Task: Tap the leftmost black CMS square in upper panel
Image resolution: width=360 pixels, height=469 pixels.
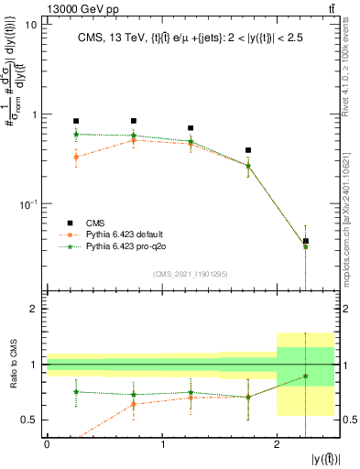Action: pos(76,121)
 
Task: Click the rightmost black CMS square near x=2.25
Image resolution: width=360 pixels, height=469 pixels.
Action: pos(306,241)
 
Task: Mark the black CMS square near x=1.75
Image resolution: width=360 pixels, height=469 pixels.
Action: pos(248,149)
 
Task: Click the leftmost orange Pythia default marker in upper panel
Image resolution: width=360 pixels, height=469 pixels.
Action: pos(76,158)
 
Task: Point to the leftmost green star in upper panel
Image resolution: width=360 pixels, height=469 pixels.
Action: pos(76,135)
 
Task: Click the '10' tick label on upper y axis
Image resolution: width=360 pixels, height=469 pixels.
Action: pos(30,25)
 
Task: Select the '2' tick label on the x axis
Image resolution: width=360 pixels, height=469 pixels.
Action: pos(277,444)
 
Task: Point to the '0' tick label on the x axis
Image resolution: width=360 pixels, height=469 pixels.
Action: pos(47,444)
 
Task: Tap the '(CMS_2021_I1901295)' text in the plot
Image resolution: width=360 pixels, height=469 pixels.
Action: pos(191,274)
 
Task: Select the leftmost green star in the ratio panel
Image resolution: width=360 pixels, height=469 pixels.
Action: pos(76,392)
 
